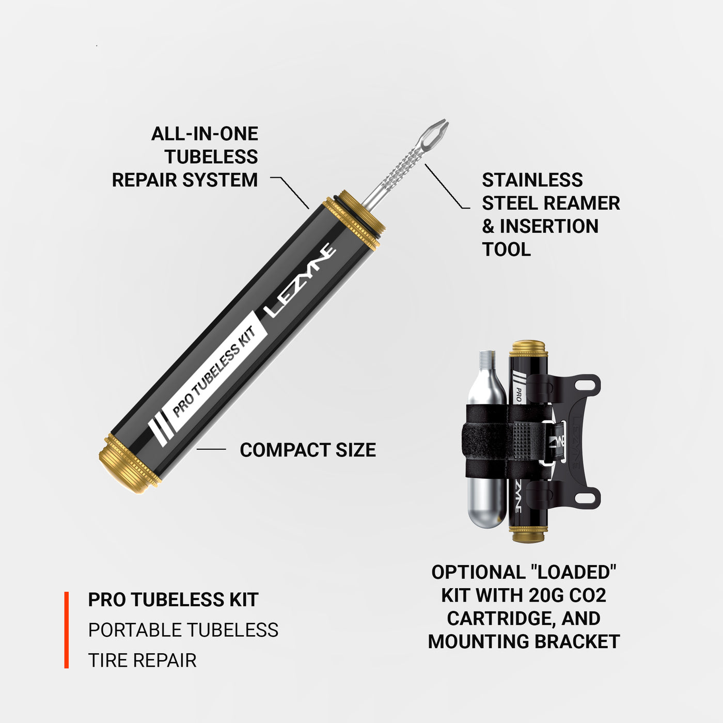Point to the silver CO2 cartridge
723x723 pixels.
(485, 465)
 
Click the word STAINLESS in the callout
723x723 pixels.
(532, 180)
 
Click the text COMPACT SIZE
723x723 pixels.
(308, 450)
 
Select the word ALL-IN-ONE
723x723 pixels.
(205, 134)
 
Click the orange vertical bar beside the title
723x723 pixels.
(67, 630)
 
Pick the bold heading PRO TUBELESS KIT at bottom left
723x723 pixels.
(173, 600)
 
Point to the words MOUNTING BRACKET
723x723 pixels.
(524, 641)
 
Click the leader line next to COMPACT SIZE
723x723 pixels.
(211, 449)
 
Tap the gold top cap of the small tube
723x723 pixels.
(528, 349)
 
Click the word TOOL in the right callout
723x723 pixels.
(506, 249)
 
